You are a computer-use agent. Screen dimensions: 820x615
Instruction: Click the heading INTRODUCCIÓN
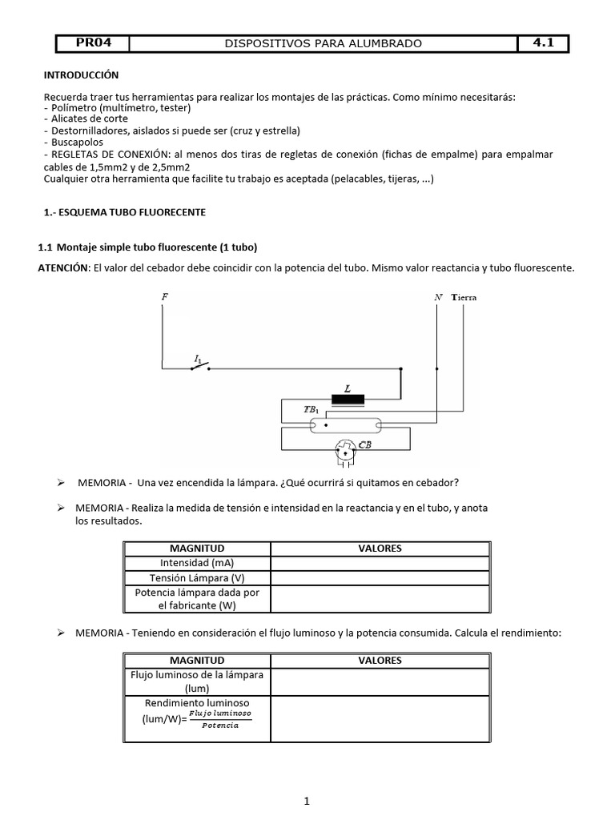(81, 75)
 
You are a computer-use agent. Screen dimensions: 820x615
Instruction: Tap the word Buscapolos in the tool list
(74, 143)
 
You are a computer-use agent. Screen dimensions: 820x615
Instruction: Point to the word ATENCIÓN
(65, 268)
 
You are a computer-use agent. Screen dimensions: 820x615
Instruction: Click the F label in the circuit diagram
(164, 297)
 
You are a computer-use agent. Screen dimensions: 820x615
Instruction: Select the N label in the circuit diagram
(437, 297)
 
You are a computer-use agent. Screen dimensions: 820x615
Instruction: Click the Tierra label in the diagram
(464, 297)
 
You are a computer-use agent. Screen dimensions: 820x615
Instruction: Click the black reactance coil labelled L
(348, 399)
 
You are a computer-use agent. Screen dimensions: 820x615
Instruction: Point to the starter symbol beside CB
(344, 452)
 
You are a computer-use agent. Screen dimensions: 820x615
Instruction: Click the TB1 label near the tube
(311, 410)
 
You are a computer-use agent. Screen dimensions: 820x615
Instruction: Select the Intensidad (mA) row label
(197, 563)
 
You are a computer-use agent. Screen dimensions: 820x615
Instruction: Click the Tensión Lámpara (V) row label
(197, 577)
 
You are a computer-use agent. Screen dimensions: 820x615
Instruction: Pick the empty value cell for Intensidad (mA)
(380, 563)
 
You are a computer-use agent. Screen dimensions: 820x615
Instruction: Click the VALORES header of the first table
(380, 549)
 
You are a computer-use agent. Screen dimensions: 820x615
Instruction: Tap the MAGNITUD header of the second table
(197, 661)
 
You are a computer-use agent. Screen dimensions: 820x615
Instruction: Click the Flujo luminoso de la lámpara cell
(197, 681)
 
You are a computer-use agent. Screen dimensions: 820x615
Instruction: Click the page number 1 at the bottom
(307, 801)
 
